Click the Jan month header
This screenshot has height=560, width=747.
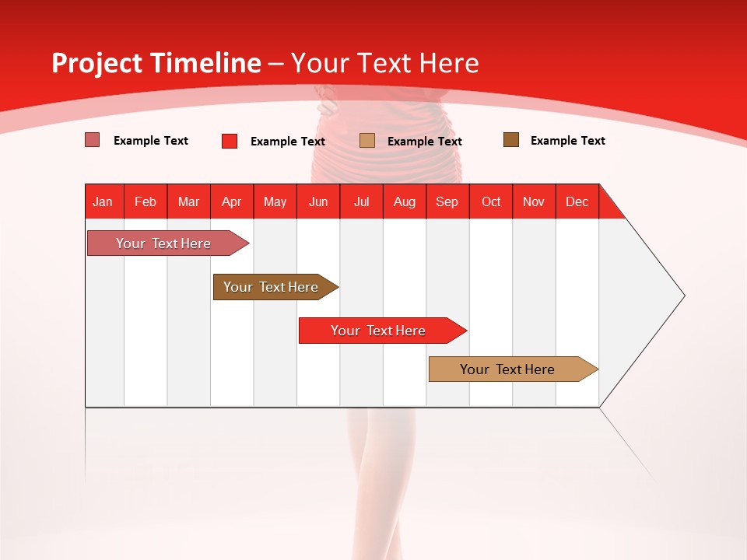103,201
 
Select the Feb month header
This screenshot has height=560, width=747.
146,201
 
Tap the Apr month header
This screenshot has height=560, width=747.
232,201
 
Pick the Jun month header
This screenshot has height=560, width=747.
318,201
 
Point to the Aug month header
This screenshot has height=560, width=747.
405,201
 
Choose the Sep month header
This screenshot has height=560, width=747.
447,201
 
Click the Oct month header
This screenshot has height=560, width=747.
491,201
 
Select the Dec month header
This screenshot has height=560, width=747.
577,201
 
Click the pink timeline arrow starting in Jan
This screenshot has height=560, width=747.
163,243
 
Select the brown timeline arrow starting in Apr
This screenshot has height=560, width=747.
271,287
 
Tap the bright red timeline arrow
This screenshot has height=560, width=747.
378,331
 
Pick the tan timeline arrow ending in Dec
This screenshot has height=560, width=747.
507,369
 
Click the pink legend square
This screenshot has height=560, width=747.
93,140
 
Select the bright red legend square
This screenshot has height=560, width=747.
230,141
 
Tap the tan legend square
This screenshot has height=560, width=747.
367,140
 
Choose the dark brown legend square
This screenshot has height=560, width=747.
511,140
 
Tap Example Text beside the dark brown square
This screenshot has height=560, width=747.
567,141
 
